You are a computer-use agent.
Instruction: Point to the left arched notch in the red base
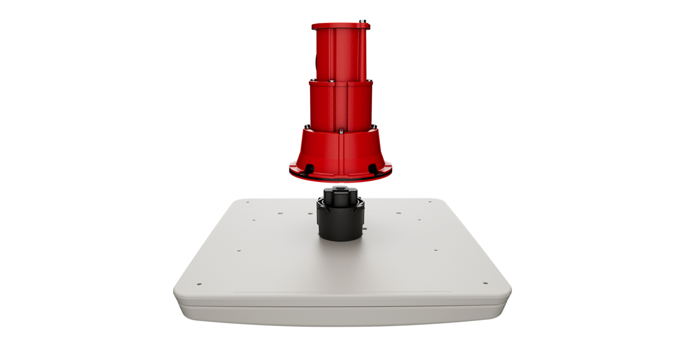click(x=309, y=168)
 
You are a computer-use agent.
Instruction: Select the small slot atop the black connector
click(x=340, y=189)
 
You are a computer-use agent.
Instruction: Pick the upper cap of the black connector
click(x=340, y=195)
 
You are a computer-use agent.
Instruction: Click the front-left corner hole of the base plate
click(x=199, y=284)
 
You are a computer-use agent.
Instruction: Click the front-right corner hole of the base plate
click(x=485, y=283)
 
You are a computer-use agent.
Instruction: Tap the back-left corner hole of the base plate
click(x=247, y=202)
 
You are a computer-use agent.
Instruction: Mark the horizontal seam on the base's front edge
click(x=342, y=305)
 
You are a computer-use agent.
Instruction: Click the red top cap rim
click(x=341, y=27)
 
